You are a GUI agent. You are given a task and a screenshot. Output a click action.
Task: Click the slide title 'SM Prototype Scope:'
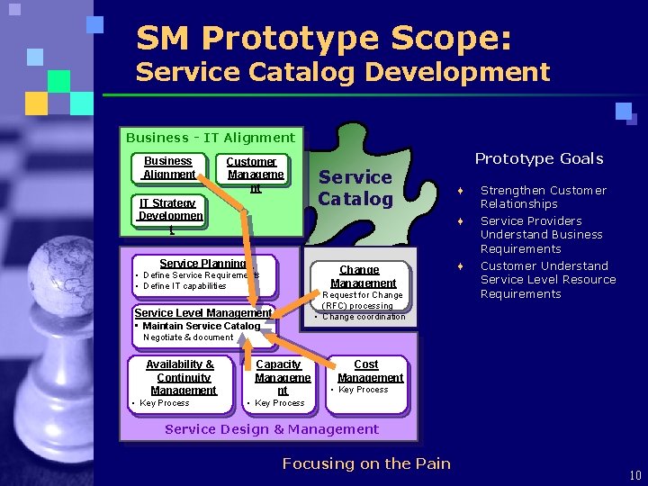point(324,38)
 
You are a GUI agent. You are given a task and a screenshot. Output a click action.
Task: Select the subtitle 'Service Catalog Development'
point(342,72)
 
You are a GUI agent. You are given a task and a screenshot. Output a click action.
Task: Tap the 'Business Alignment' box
point(169,168)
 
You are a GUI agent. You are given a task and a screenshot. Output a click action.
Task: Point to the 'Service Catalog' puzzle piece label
point(355,188)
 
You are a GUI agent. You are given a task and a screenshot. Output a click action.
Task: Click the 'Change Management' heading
point(360,276)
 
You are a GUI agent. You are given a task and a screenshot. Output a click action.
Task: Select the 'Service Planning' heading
point(202,264)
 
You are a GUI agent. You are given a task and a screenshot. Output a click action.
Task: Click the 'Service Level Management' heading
point(202,312)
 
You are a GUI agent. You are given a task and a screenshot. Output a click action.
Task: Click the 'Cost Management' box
point(366,371)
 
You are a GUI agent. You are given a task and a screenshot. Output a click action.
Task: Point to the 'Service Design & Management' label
point(272,429)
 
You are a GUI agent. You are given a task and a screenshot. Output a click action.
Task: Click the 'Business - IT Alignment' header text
point(211,138)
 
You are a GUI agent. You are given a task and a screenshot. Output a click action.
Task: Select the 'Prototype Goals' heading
point(539,158)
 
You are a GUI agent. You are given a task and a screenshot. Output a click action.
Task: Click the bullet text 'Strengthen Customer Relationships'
point(543,197)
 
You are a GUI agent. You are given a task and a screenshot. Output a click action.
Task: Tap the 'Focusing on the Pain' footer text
point(366,463)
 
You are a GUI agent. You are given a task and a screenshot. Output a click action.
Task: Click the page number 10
point(635,475)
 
